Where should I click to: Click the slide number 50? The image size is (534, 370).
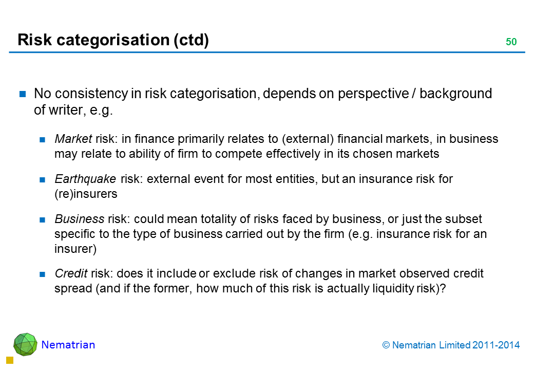click(x=511, y=42)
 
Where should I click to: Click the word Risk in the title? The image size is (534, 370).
click(x=35, y=40)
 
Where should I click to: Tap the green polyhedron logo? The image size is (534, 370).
click(x=25, y=344)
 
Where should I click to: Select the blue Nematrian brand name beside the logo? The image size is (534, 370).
click(x=68, y=345)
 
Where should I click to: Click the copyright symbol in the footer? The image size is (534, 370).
click(x=386, y=345)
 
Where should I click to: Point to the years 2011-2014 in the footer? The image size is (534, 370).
click(x=496, y=345)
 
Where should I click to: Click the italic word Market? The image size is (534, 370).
click(x=73, y=139)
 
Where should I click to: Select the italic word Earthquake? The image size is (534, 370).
click(x=85, y=179)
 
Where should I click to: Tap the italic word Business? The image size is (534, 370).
click(x=80, y=219)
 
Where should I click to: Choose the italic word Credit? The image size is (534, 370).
click(x=71, y=273)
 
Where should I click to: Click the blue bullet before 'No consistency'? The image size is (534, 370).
click(x=23, y=94)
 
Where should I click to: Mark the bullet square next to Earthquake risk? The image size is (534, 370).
click(x=42, y=179)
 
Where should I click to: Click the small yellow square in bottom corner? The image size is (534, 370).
click(x=10, y=360)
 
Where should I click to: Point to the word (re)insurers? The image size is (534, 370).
click(x=86, y=194)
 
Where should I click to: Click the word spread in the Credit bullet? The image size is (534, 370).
click(x=73, y=289)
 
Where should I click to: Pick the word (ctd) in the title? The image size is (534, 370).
click(x=192, y=40)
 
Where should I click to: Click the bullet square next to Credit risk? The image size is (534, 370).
click(x=42, y=274)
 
